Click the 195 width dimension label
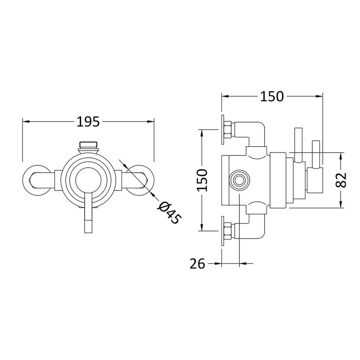(88, 122)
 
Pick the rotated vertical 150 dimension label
(203, 179)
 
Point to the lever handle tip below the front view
(88, 225)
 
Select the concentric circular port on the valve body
(238, 180)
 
